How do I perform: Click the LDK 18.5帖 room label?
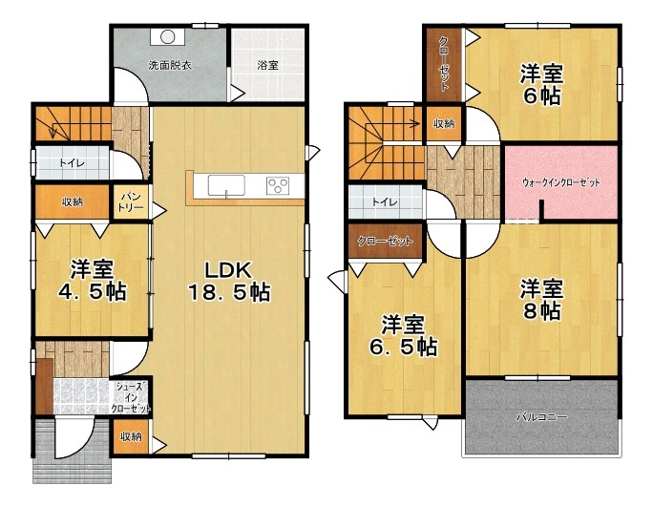[229, 282]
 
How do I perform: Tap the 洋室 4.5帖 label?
[92, 280]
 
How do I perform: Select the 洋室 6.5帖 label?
[404, 336]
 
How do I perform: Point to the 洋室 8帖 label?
[541, 300]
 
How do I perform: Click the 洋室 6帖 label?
[541, 85]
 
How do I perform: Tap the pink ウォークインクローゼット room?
[561, 182]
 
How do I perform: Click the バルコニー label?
[541, 416]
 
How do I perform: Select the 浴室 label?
[267, 65]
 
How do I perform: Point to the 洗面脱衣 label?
[170, 65]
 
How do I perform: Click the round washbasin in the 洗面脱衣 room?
[167, 37]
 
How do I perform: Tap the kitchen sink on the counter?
[226, 185]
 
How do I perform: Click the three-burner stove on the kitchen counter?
[278, 185]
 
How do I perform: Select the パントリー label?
[131, 202]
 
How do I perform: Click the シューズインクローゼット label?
[131, 398]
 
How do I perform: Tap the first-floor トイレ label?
[72, 162]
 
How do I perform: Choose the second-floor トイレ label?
[385, 202]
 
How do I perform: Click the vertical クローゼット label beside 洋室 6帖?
[444, 64]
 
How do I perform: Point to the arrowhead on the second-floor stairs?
[415, 122]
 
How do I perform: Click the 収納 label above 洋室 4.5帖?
[72, 202]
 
